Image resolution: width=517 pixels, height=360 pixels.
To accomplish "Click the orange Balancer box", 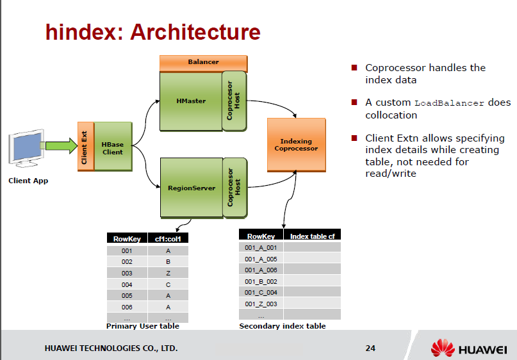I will (203, 62).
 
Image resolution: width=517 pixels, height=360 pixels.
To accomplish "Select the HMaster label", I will (191, 101).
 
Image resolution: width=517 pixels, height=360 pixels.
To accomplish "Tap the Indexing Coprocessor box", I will (296, 145).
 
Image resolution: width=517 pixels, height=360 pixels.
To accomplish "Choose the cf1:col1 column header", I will (168, 239).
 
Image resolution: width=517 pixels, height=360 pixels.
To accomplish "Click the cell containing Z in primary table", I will (168, 274).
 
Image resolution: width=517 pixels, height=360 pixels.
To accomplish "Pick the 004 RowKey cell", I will (127, 284).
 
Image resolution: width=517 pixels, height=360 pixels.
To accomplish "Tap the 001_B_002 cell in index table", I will (261, 281).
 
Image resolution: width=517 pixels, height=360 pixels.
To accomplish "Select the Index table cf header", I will (312, 236).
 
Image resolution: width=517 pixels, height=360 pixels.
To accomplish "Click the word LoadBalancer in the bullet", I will (449, 103).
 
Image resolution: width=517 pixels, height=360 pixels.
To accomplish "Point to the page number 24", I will (370, 348).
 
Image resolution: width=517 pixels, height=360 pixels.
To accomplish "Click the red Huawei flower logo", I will (442, 347).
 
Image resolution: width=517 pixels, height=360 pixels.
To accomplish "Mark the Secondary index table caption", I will (282, 326).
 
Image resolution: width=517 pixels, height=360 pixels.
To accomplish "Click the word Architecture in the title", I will (195, 32).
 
